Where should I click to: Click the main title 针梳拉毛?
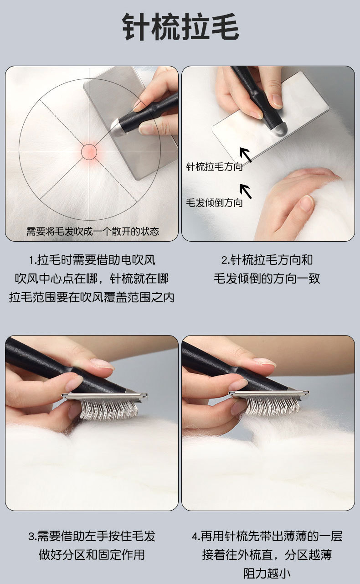tap(180, 27)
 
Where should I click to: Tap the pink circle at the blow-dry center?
tap(89, 152)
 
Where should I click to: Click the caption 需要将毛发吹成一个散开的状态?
tap(93, 231)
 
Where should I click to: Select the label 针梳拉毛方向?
tap(214, 167)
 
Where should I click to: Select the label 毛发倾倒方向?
tap(214, 203)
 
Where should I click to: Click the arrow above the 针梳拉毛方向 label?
tap(246, 155)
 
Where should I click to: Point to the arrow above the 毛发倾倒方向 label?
tap(246, 191)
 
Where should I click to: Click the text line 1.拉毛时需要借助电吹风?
tap(92, 260)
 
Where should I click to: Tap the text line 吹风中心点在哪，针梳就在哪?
tap(92, 279)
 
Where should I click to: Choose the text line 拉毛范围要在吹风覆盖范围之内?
tap(92, 297)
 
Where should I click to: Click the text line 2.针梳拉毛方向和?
tap(267, 260)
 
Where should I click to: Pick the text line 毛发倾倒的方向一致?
tap(267, 279)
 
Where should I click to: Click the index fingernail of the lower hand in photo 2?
tap(307, 203)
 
